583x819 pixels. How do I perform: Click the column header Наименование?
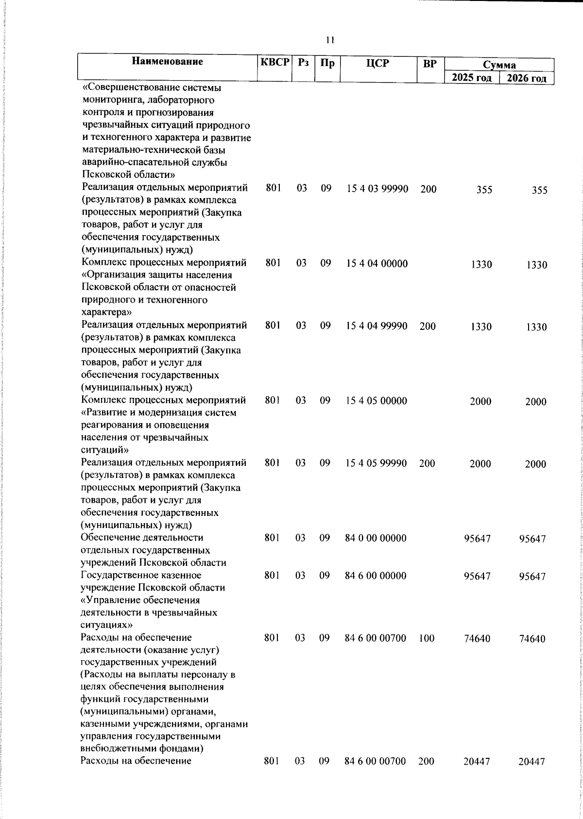167,62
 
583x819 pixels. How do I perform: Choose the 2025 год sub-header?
472,78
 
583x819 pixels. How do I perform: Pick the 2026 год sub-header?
527,78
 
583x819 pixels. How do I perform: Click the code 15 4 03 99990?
377,189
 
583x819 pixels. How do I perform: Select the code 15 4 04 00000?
377,264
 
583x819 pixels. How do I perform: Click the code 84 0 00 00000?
376,538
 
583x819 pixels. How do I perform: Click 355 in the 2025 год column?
484,190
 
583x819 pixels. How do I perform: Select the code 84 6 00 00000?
376,576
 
